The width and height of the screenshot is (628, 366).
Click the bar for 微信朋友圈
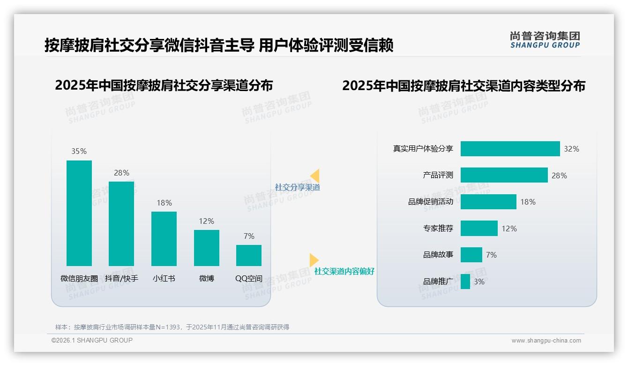(x=79, y=213)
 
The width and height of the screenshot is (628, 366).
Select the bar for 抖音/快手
(x=121, y=223)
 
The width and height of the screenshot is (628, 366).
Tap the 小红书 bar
(x=164, y=238)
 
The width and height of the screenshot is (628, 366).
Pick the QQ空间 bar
(x=249, y=255)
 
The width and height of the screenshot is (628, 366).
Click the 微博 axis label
(x=206, y=278)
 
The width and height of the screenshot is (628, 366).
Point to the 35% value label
(x=79, y=151)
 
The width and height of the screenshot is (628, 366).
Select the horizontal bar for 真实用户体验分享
(x=510, y=149)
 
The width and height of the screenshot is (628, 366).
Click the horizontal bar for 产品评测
(x=504, y=175)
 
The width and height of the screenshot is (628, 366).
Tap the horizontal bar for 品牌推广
(x=465, y=282)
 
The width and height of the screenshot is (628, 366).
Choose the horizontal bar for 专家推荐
(x=479, y=229)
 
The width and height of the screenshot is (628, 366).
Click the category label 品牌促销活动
(x=431, y=202)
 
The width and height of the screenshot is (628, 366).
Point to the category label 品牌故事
(x=438, y=255)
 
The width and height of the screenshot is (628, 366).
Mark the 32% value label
(x=571, y=149)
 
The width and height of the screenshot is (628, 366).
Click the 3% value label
(x=479, y=282)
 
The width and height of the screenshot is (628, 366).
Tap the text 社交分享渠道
(x=298, y=187)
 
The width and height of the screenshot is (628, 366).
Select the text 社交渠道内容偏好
(x=344, y=271)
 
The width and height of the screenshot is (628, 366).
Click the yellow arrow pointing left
(x=314, y=175)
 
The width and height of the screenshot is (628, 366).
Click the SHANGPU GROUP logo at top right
(x=545, y=40)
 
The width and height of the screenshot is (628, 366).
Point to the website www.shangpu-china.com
(x=546, y=341)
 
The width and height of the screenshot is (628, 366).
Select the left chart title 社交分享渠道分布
(x=164, y=85)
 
